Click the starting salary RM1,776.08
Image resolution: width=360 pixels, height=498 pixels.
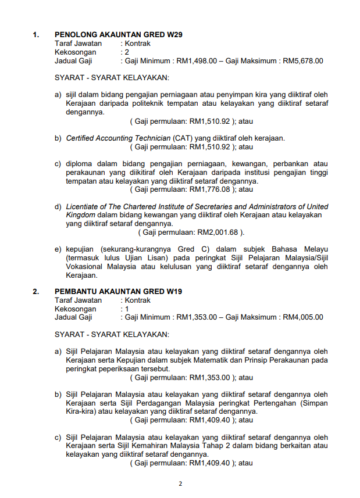(x=211, y=189)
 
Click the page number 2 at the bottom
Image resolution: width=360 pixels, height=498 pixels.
(x=180, y=483)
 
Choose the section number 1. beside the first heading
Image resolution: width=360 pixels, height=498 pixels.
(x=36, y=35)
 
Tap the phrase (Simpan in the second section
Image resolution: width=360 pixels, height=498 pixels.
(x=313, y=403)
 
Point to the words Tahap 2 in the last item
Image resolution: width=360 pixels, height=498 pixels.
(x=191, y=446)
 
